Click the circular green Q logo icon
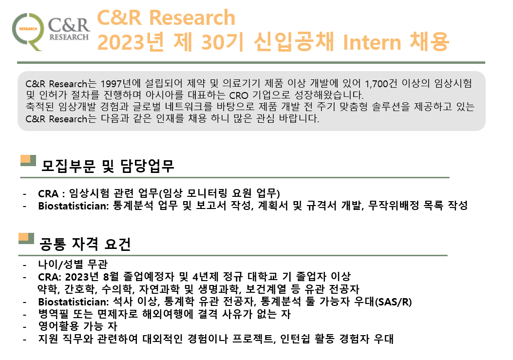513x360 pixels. coord(28,31)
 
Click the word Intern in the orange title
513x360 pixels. coord(372,42)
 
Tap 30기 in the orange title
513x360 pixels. coord(222,42)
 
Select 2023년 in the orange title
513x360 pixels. coord(131,42)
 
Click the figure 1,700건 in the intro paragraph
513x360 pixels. coord(381,83)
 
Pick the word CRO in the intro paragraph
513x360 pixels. coord(239,95)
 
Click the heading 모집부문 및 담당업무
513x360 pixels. coord(107,166)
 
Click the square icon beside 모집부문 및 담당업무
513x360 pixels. coord(28,160)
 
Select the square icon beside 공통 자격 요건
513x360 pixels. coord(26,238)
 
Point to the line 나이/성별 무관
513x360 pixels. coord(73,264)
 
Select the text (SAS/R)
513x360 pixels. coord(393,302)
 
